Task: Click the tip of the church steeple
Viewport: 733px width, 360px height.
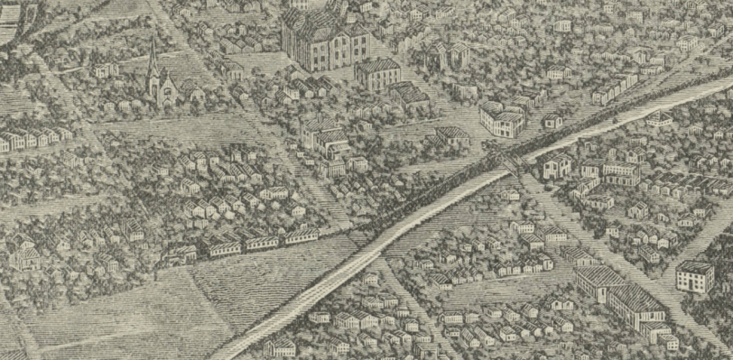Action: (153, 42)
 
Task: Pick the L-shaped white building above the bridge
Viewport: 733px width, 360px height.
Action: (502, 118)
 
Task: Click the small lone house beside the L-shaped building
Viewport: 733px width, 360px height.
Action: (552, 120)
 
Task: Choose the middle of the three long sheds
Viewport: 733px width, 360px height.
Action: (261, 241)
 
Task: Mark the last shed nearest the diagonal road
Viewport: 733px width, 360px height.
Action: (302, 235)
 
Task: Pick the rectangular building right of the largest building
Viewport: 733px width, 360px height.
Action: (378, 72)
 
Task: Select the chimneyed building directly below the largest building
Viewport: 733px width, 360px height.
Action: (325, 135)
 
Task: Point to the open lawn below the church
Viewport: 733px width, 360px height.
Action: (181, 126)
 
